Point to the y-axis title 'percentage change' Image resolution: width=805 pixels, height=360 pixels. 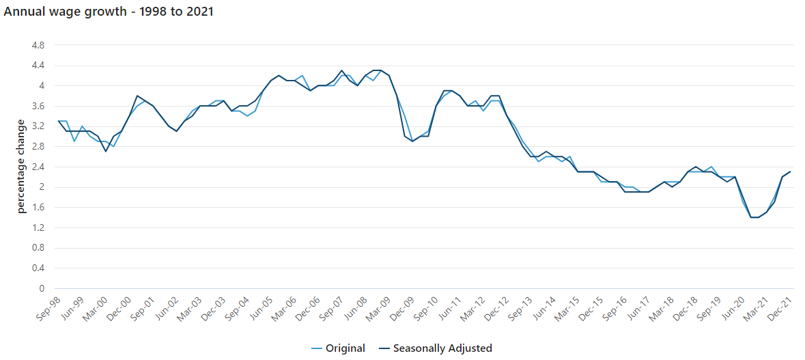click(21, 166)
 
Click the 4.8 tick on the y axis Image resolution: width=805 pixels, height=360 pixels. click(38, 45)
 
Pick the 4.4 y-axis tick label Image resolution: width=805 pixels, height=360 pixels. click(38, 66)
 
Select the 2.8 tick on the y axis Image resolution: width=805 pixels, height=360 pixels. click(38, 147)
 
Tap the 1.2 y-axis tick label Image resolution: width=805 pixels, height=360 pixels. click(38, 227)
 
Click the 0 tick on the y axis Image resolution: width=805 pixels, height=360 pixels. click(42, 289)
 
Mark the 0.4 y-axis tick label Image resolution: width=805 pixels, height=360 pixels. click(38, 268)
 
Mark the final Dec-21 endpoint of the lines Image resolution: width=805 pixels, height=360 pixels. click(790, 171)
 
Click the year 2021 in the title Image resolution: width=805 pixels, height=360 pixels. click(198, 12)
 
